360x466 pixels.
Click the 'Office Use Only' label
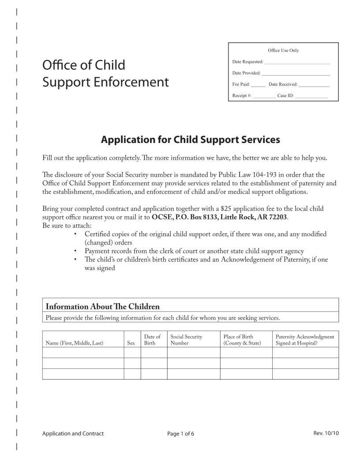[x=283, y=50]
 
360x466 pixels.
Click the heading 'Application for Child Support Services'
[x=191, y=140]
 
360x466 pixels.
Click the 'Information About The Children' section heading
[x=103, y=306]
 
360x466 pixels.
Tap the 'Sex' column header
[x=131, y=343]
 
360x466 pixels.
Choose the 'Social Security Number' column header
[x=186, y=340]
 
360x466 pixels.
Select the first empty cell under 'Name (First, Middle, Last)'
[x=83, y=352]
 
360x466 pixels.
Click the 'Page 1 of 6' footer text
[x=180, y=434]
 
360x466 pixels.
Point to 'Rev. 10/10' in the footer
[x=326, y=433]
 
